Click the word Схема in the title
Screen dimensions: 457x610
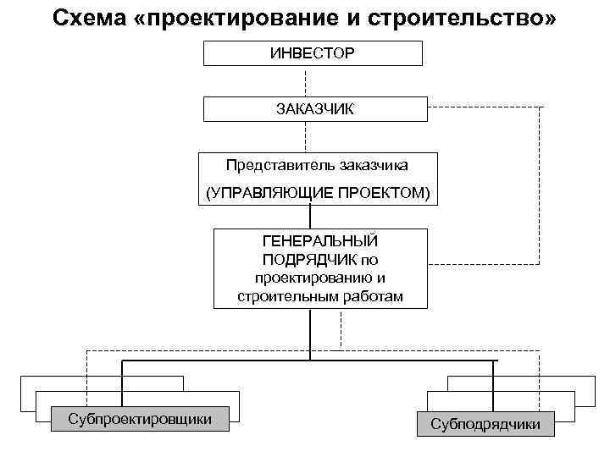[88, 19]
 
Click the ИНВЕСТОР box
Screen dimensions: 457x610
[312, 52]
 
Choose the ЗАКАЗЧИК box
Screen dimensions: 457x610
[312, 109]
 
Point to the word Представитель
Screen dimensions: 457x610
[280, 165]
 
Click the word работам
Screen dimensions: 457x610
[366, 295]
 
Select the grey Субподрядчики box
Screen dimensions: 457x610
[485, 423]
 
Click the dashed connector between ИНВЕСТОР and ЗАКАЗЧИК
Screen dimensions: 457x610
[306, 81]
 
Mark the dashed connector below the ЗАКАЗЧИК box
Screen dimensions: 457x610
[306, 136]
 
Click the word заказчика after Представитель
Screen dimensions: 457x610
[371, 165]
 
